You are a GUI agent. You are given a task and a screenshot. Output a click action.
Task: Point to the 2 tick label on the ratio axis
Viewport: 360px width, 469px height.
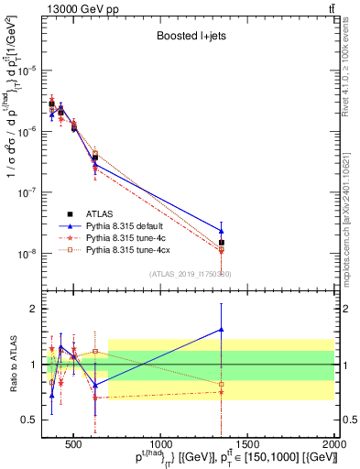tap(34, 309)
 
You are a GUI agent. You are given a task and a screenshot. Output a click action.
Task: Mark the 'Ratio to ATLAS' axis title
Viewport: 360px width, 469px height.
tap(12, 365)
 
